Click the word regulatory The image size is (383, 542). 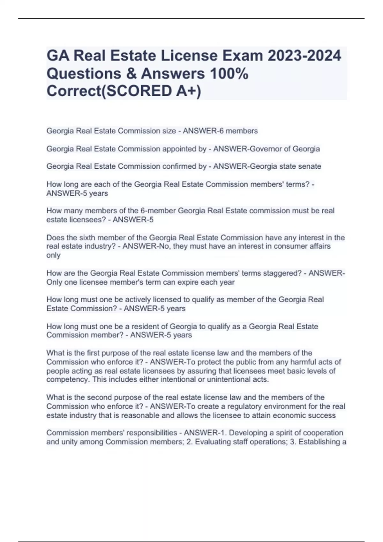coord(241,406)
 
